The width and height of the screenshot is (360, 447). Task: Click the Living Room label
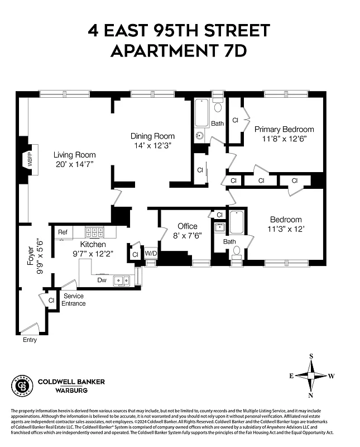(74, 155)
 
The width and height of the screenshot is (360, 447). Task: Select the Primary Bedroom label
(284, 129)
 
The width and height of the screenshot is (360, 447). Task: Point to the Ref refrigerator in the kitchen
(63, 232)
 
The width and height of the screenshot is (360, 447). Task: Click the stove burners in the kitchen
(94, 231)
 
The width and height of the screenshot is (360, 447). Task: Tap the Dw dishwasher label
(102, 280)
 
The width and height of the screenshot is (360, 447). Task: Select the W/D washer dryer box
(151, 254)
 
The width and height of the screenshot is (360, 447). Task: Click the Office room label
(187, 226)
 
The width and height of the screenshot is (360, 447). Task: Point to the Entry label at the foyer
(30, 340)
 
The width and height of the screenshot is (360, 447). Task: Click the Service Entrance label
(74, 299)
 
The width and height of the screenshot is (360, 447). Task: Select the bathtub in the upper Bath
(201, 113)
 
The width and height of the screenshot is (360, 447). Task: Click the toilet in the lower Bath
(236, 253)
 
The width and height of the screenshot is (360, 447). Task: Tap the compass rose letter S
(311, 355)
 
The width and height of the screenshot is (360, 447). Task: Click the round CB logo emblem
(21, 385)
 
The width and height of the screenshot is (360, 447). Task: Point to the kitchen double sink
(121, 280)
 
